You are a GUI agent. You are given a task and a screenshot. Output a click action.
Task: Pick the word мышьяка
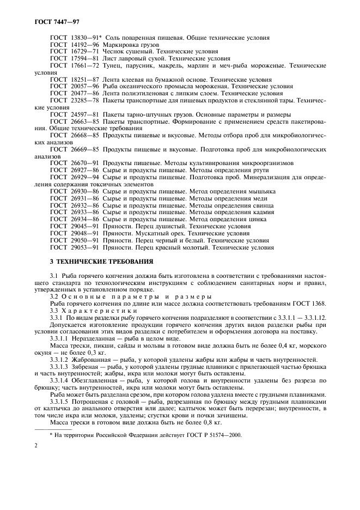coord(259,191)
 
